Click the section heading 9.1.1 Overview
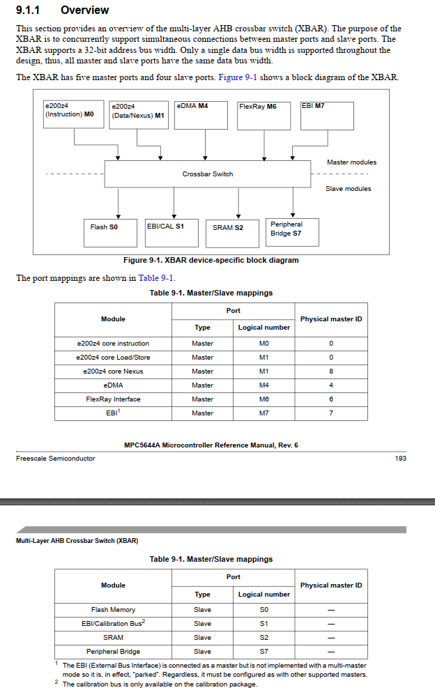pos(62,10)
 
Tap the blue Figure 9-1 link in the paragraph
pos(239,77)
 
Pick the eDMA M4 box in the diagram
pos(201,115)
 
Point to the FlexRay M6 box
pos(263,115)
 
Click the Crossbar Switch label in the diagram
pos(208,174)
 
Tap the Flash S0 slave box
pos(104,227)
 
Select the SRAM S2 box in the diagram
pos(228,228)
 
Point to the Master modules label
pos(351,162)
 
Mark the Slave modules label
pos(349,189)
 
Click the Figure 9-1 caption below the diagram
pos(211,260)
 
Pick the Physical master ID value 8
pos(331,372)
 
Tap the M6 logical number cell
pos(264,399)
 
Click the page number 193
pos(400,458)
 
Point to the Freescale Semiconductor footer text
pos(56,458)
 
